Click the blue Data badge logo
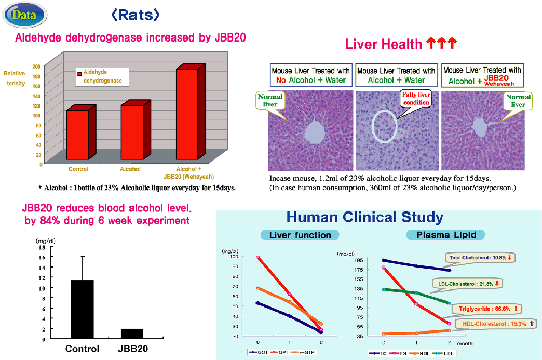click(24, 14)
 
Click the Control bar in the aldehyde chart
click(77, 135)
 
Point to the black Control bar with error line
click(82, 309)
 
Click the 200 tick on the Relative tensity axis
click(36, 66)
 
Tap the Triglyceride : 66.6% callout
click(489, 309)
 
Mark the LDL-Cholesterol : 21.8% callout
click(468, 284)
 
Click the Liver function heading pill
click(300, 235)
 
